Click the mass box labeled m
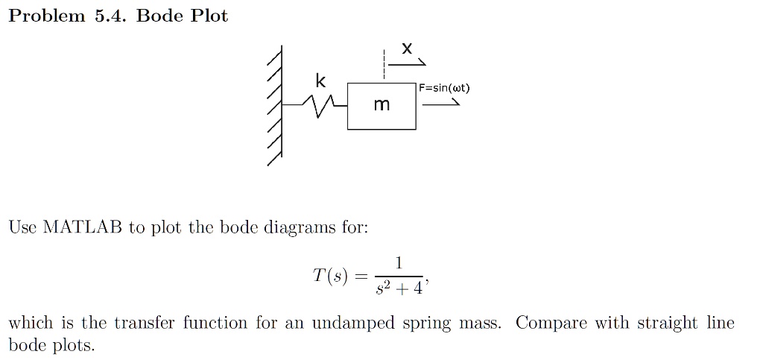[x=381, y=106]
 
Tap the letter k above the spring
[x=320, y=80]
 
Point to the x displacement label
[x=407, y=48]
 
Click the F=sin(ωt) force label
[x=444, y=88]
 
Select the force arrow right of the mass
[x=441, y=103]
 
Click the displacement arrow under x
[x=407, y=63]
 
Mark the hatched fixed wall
[x=276, y=106]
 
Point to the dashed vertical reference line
[x=384, y=64]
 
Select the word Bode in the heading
[x=159, y=16]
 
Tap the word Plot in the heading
[x=209, y=16]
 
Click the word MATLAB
[x=83, y=227]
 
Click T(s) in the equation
[x=330, y=276]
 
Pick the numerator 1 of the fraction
[x=399, y=263]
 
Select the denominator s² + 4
[x=399, y=288]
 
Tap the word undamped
[x=353, y=323]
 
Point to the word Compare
[x=551, y=323]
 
